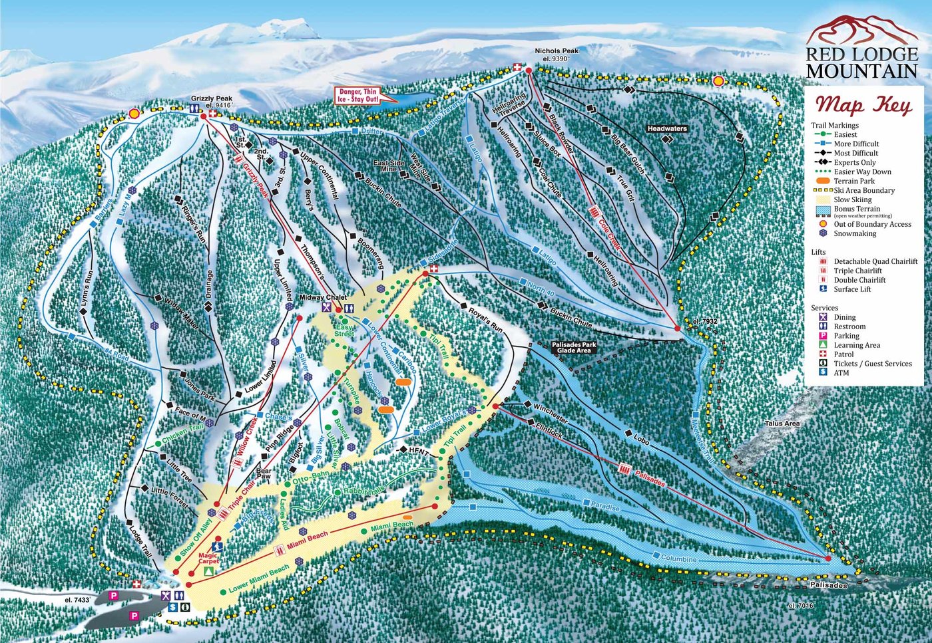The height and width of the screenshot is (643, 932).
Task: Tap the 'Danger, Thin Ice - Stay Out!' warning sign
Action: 359,96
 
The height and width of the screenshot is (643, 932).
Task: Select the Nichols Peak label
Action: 557,55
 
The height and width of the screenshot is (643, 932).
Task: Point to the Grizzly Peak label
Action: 212,102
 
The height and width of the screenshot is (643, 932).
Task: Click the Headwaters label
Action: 666,128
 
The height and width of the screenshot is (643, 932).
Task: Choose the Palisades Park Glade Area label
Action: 574,348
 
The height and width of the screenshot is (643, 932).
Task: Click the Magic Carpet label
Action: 208,558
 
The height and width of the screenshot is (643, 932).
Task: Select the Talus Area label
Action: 782,424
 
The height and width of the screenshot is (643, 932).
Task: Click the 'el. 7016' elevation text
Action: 800,606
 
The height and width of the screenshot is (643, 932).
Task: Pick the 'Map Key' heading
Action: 863,105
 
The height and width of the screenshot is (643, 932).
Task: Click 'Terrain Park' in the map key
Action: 854,181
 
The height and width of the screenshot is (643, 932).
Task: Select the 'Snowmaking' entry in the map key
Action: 855,233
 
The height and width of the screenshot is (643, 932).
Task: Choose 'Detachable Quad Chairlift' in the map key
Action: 875,261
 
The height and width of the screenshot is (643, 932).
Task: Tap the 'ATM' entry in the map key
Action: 842,373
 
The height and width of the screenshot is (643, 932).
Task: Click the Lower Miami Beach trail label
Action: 258,579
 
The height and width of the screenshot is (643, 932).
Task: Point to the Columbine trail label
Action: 679,559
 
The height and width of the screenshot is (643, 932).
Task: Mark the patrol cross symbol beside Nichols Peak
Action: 517,66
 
